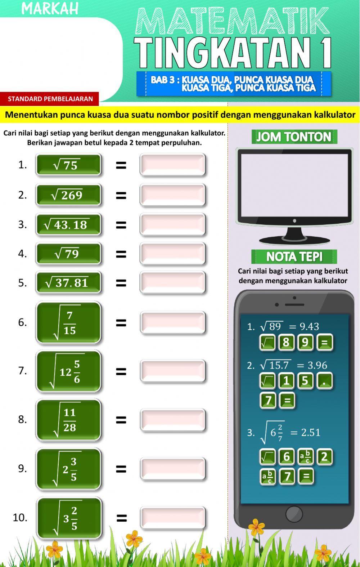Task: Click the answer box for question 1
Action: coord(172,165)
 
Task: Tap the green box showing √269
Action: coord(68,195)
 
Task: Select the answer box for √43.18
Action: coord(172,224)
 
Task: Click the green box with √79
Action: coord(68,254)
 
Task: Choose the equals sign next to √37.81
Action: coord(121,283)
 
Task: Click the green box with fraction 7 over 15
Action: coord(68,322)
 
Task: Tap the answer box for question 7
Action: coord(173,371)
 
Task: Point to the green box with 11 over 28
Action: coord(68,420)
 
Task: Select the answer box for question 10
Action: coord(173,518)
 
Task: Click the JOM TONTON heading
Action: coord(294,137)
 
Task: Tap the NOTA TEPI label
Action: coord(294,257)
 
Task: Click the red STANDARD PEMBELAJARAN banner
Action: coord(49,99)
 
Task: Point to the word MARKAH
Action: coord(50,9)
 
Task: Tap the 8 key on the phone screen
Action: coord(286,343)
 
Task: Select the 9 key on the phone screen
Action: coord(305,343)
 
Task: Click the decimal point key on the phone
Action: coord(325,381)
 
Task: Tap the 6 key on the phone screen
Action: coord(287,457)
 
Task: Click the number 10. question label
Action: coord(20,518)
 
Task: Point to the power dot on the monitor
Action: coord(294,221)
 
